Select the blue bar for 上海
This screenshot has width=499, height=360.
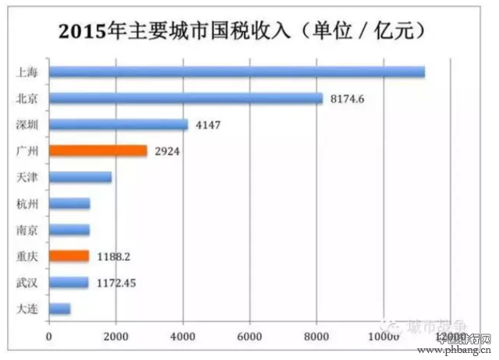[x=236, y=72]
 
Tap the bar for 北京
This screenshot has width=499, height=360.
[x=185, y=99]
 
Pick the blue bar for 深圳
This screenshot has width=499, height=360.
[x=118, y=125]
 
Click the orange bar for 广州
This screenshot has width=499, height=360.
[x=97, y=151]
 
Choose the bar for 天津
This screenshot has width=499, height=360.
[x=80, y=178]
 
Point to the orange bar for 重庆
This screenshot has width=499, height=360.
[x=69, y=256]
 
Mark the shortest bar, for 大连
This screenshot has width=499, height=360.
[x=59, y=309]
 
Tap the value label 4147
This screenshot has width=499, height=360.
[x=207, y=125]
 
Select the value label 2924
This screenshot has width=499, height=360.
[x=166, y=151]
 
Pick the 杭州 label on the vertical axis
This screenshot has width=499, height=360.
[x=26, y=203]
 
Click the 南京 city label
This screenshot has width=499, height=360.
[x=26, y=230]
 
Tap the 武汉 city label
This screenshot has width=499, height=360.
[x=26, y=283]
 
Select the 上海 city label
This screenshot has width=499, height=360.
[x=26, y=72]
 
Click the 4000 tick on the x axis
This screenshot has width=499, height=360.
[x=182, y=336]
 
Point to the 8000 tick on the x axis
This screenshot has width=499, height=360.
[x=317, y=336]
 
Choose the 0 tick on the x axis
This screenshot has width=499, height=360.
[x=49, y=336]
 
